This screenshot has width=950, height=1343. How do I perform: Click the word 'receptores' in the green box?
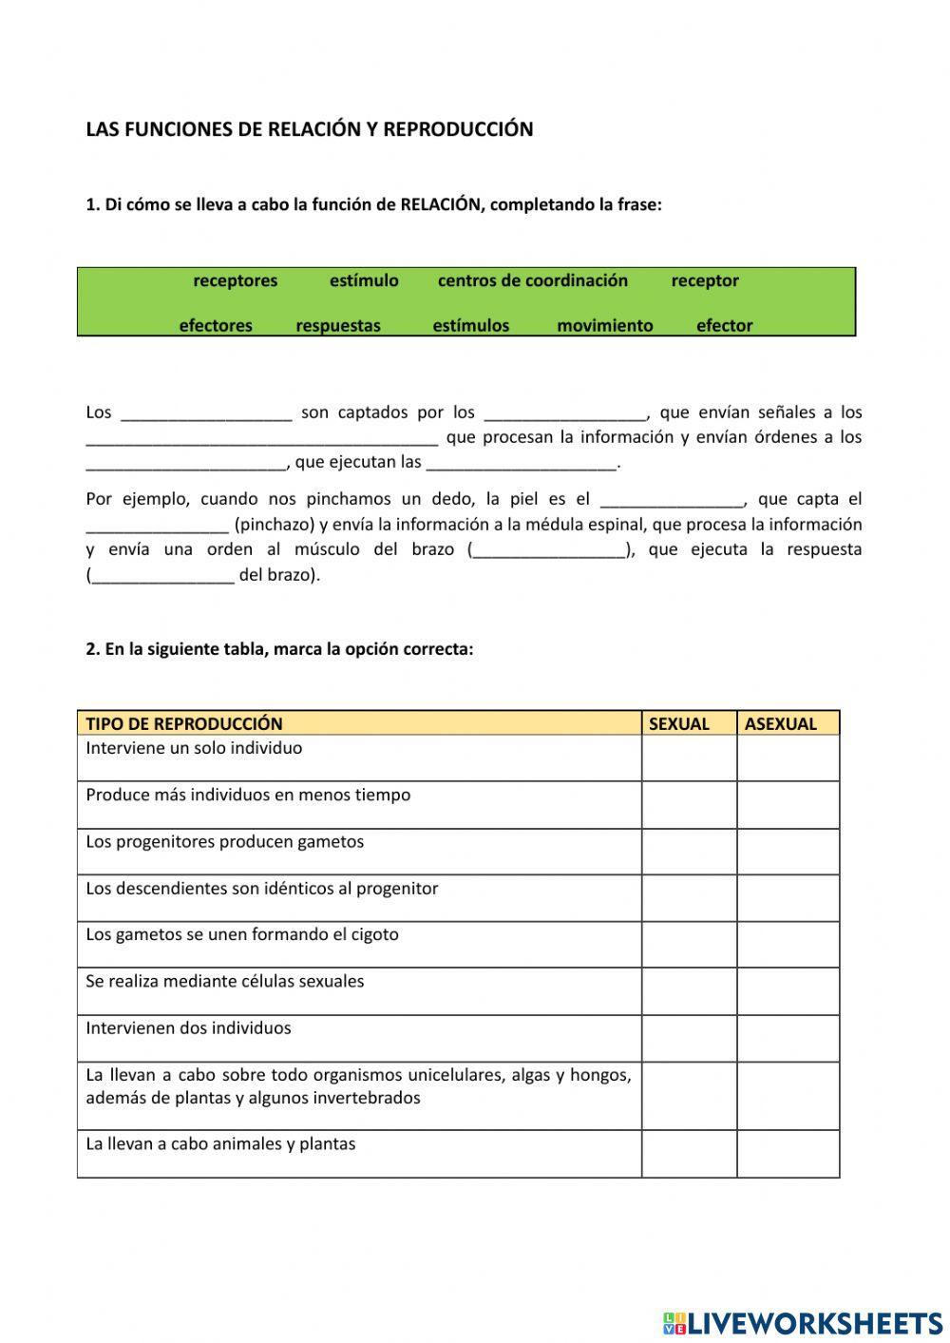coord(235,280)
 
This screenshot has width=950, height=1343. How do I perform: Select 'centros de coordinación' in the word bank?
coord(532,280)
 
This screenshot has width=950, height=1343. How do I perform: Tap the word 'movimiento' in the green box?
coord(604,325)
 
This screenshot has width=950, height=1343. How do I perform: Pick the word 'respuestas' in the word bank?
coord(337,325)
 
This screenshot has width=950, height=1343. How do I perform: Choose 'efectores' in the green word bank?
coord(216,325)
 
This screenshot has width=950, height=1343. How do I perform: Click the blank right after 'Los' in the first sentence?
coord(206,412)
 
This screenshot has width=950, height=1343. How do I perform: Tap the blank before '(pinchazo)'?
coord(157,525)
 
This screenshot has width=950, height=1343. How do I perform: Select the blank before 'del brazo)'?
coord(162,575)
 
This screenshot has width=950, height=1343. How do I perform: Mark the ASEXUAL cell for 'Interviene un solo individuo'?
coord(788,758)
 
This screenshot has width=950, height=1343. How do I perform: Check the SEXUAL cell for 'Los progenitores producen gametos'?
coord(689,851)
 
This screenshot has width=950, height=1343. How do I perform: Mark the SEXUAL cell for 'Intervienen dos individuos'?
coord(689,1038)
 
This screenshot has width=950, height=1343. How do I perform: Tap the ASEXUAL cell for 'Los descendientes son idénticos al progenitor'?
coord(788,897)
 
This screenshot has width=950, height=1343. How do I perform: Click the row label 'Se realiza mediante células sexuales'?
coord(225,981)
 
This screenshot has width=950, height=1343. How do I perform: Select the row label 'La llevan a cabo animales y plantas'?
coord(220,1143)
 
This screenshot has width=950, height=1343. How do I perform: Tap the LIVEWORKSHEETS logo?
coord(803,1322)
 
